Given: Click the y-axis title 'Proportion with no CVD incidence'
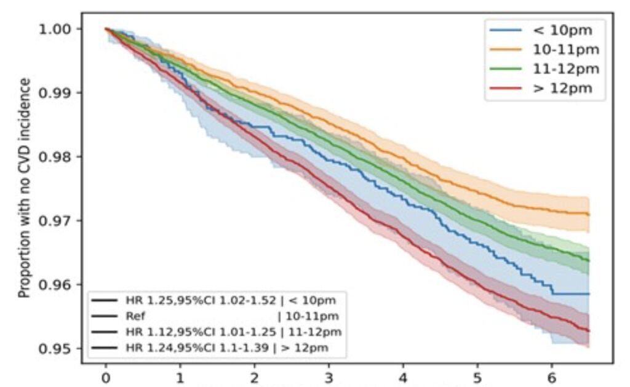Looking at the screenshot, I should [25, 188].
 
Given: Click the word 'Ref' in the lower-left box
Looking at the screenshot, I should [134, 316].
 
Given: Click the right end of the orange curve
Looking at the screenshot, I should [589, 214].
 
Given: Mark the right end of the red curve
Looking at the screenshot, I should [589, 331].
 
